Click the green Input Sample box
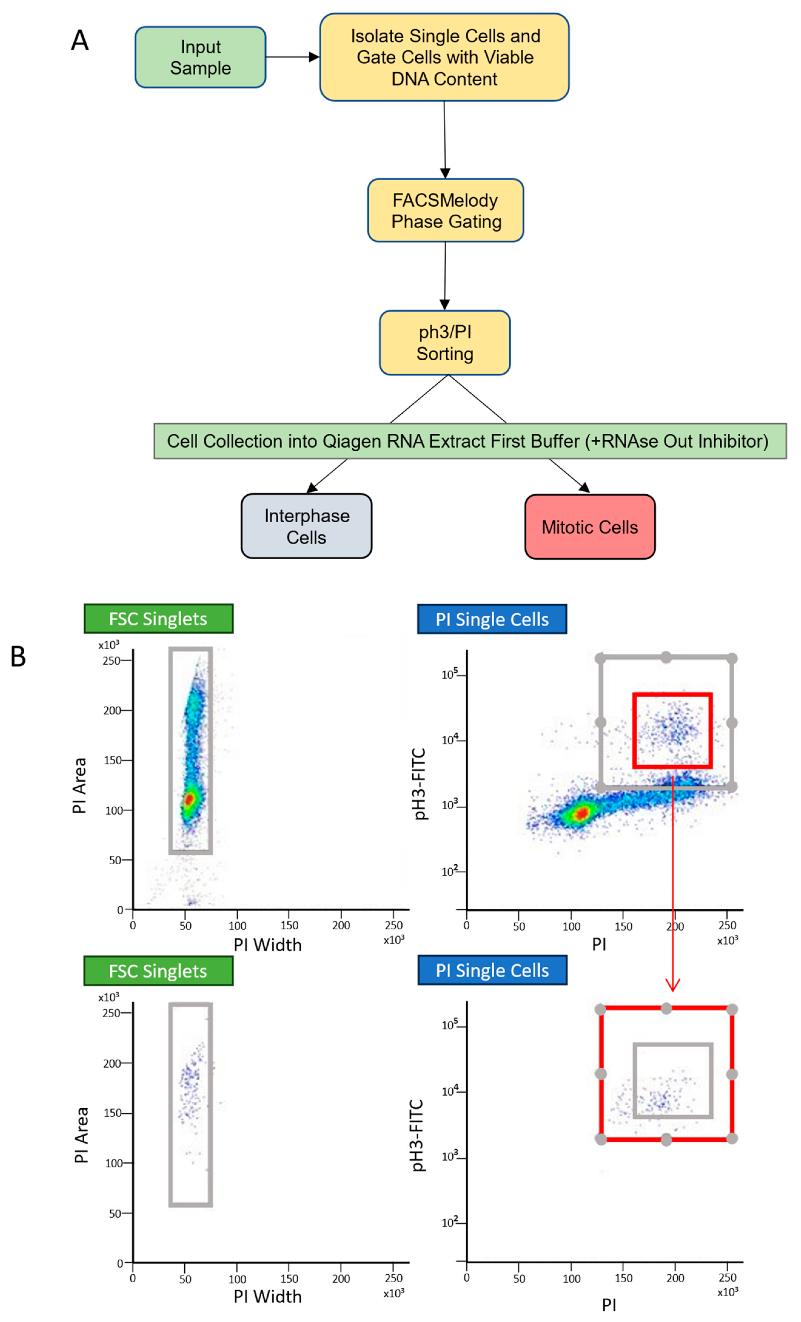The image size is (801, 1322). coord(200,57)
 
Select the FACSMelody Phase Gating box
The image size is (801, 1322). coord(445,210)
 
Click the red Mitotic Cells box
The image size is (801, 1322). coord(590,527)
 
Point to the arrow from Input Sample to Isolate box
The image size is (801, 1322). coord(292,57)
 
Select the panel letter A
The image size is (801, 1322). coord(80,41)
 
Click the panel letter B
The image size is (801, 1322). coord(18,656)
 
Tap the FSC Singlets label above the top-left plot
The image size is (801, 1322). coord(158,619)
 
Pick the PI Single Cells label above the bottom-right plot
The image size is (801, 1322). coord(492,971)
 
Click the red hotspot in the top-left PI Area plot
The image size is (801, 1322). coord(189,799)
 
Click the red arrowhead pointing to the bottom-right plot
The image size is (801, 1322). coord(673,985)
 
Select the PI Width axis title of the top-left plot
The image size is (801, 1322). coord(267,945)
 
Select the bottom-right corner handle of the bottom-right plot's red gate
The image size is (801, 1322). coord(732,1138)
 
